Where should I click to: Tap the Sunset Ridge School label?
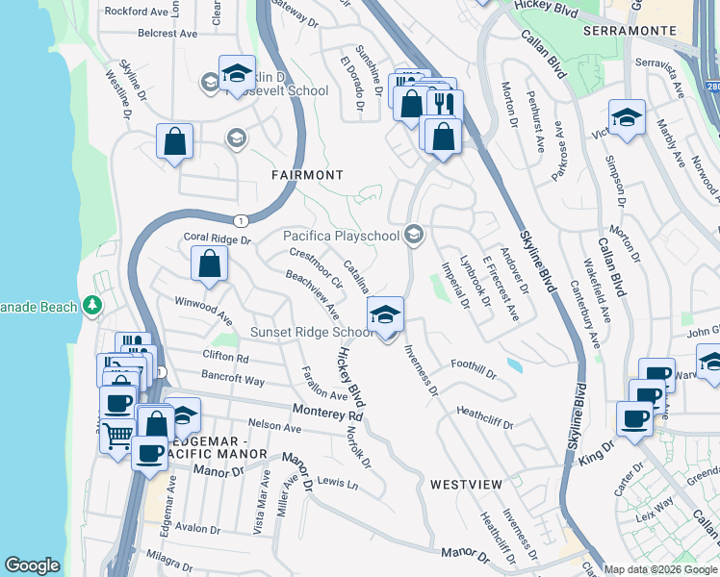click(311, 333)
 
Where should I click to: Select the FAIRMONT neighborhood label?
click(307, 175)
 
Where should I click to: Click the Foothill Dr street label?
click(474, 366)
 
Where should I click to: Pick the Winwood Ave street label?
click(203, 310)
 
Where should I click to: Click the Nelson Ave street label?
click(275, 425)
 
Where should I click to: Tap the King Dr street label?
click(597, 454)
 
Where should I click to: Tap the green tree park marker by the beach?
click(92, 306)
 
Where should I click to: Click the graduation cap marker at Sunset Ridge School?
click(385, 314)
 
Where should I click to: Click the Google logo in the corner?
click(33, 565)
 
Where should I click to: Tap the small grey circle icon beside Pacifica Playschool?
click(414, 235)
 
